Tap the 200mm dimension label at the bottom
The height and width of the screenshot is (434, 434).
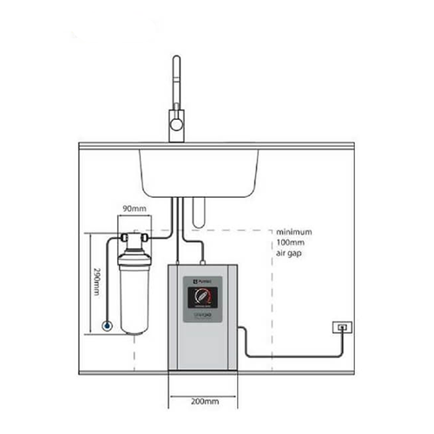(201, 403)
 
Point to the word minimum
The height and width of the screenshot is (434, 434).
(294, 233)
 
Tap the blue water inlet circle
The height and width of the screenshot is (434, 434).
(106, 326)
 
